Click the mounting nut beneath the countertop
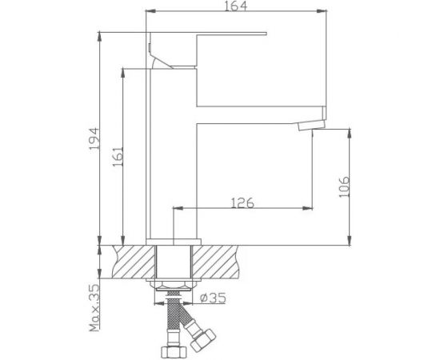coord(174,286)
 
